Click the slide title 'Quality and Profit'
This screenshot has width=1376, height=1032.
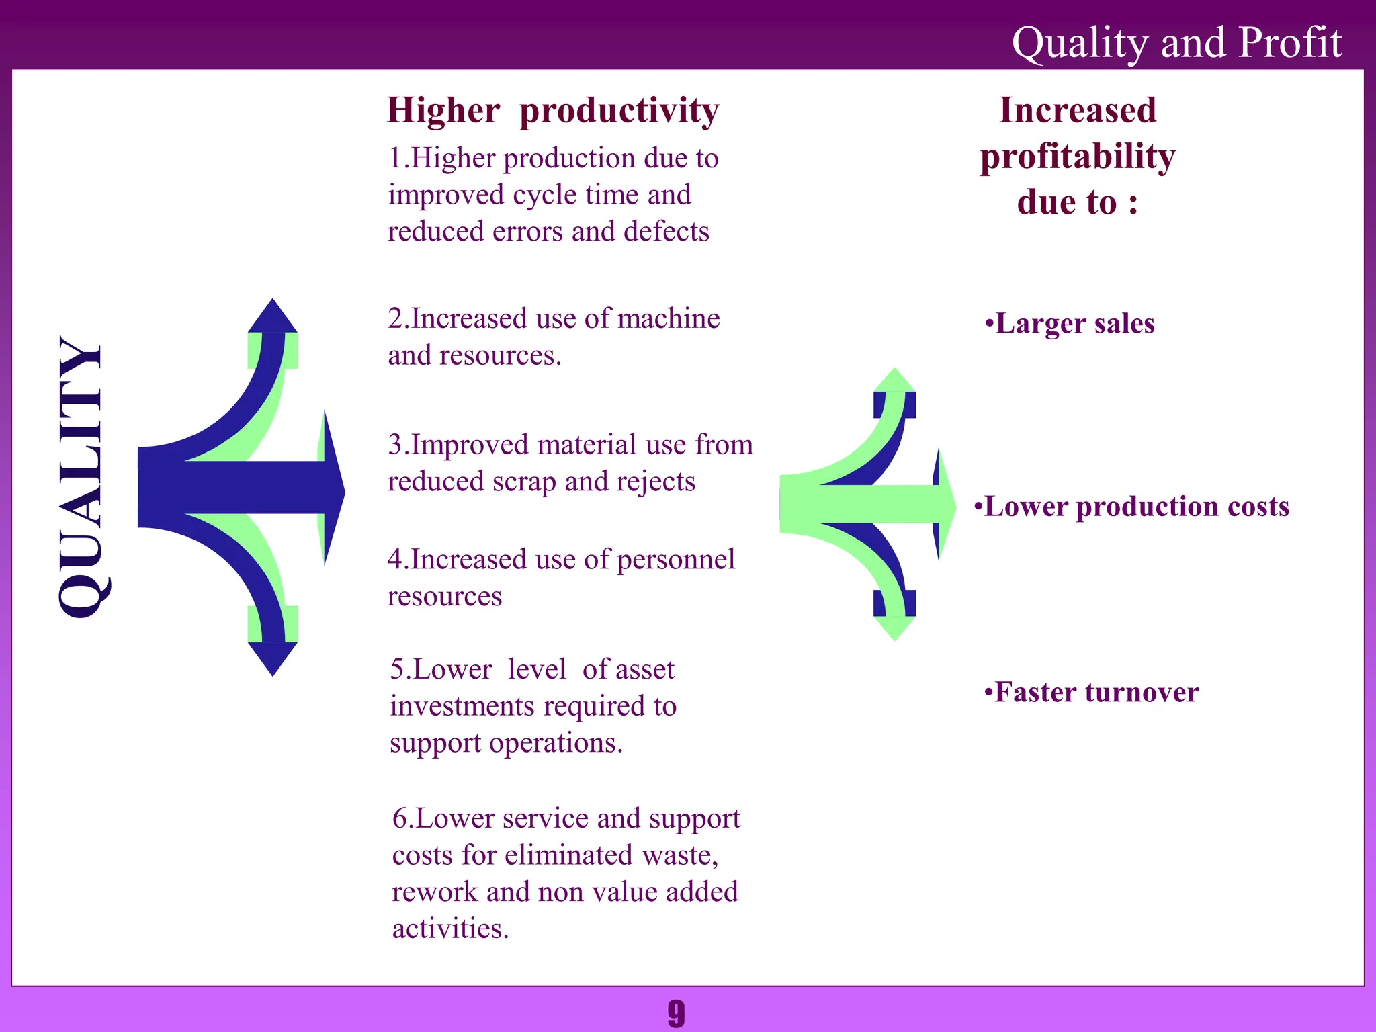pyautogui.click(x=1176, y=43)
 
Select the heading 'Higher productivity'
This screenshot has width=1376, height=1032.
pyautogui.click(x=553, y=110)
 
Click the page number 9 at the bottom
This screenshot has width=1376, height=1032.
pyautogui.click(x=676, y=1013)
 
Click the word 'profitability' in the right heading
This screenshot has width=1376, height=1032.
pyautogui.click(x=1078, y=157)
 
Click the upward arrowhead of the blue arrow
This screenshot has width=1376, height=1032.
pyautogui.click(x=272, y=317)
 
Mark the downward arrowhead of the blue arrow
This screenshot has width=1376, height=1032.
pyautogui.click(x=272, y=658)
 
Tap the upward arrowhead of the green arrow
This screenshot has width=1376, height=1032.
pyautogui.click(x=894, y=381)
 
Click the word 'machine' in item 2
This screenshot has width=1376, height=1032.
pyautogui.click(x=669, y=318)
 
